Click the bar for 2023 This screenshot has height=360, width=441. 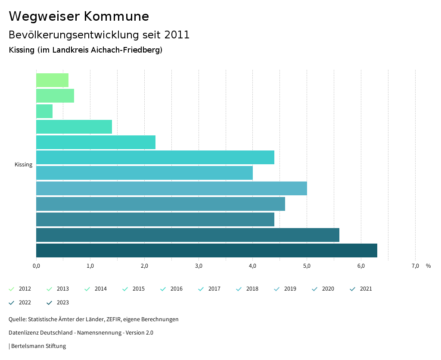207,250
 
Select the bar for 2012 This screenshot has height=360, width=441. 52,80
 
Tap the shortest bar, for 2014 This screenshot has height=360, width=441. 44,111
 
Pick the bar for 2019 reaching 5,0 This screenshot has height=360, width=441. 171,188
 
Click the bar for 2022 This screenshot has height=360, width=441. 188,235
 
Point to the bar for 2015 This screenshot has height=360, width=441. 74,127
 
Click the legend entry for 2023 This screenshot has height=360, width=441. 59,303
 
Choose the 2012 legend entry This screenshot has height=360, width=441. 21,289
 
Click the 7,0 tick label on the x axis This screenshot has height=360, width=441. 415,266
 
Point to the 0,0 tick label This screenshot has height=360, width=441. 36,266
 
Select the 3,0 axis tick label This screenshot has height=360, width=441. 199,266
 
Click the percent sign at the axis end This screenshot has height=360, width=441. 428,266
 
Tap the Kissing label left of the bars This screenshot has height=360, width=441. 23,165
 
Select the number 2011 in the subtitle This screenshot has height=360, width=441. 177,35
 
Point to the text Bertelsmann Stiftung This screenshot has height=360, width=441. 38,346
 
